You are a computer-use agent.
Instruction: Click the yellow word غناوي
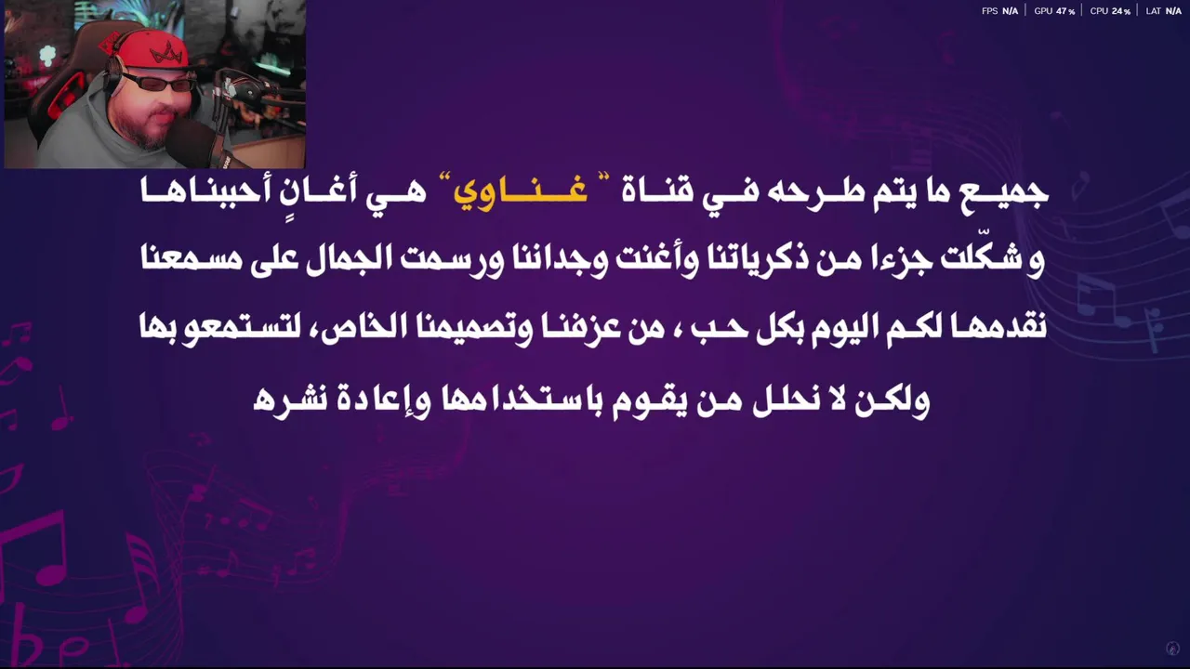[x=520, y=191]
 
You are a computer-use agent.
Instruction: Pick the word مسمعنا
[x=192, y=258]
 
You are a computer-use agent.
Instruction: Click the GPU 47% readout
[x=1054, y=10]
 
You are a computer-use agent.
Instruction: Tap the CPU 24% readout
[x=1110, y=10]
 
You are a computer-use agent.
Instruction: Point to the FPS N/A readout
[x=999, y=10]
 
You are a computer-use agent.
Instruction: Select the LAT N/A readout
[x=1163, y=10]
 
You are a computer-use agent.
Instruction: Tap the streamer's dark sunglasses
[x=158, y=84]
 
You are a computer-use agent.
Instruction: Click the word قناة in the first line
[x=657, y=191]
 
